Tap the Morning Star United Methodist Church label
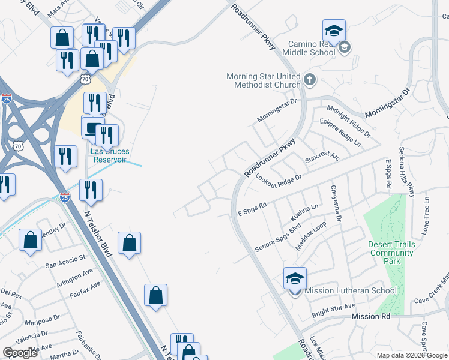click(x=263, y=80)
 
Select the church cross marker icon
click(x=310, y=79)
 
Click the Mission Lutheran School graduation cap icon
click(x=295, y=278)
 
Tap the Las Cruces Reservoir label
click(x=110, y=155)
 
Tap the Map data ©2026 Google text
click(x=412, y=355)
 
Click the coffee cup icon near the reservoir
click(x=92, y=128)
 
